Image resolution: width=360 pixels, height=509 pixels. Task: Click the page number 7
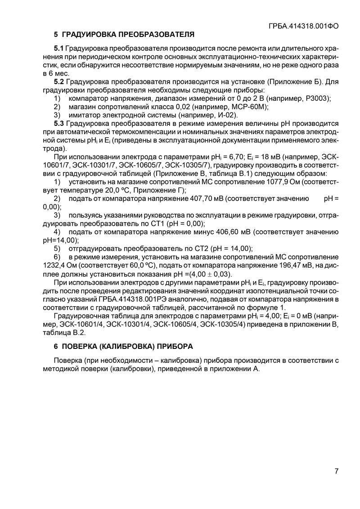point(336,471)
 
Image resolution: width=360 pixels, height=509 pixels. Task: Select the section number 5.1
point(59,48)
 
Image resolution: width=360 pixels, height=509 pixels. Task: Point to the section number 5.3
point(59,123)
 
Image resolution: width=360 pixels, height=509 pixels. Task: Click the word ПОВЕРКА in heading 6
point(77,346)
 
